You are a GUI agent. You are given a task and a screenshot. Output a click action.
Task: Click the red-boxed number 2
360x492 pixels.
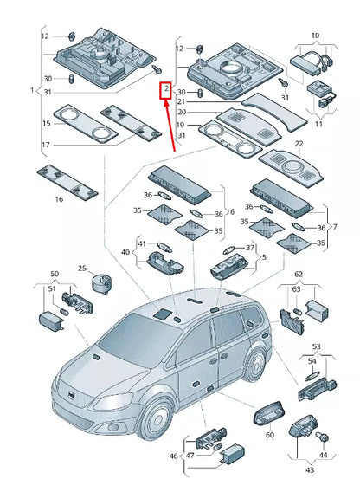pyautogui.click(x=166, y=89)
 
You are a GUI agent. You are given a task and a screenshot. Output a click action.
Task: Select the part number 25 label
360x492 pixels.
pyautogui.click(x=82, y=269)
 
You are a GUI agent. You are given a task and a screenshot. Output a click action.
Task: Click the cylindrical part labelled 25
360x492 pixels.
pyautogui.click(x=101, y=283)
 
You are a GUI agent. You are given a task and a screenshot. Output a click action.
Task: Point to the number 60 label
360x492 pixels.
pyautogui.click(x=270, y=435)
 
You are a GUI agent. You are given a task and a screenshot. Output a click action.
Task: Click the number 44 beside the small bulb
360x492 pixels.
pyautogui.click(x=323, y=455)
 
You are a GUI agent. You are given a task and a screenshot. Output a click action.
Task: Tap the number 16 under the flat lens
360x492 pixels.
pyautogui.click(x=59, y=199)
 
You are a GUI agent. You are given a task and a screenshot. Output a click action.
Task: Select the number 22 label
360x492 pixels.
pyautogui.click(x=299, y=144)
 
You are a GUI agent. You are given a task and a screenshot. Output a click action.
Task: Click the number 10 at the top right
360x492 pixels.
pyautogui.click(x=315, y=36)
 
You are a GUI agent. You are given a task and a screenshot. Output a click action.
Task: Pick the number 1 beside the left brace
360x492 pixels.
pyautogui.click(x=32, y=90)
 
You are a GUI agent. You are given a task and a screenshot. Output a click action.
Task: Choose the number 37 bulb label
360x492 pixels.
pyautogui.click(x=249, y=248)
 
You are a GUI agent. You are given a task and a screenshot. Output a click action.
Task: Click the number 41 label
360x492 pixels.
pyautogui.click(x=142, y=243)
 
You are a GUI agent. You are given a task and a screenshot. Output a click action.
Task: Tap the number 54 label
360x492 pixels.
pyautogui.click(x=312, y=361)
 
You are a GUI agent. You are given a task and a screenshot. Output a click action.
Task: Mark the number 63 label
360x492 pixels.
pyautogui.click(x=296, y=289)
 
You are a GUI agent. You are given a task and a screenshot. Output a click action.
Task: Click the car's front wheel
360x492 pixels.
pyautogui.click(x=156, y=420)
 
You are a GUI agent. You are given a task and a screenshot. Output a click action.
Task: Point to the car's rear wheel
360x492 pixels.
pyautogui.click(x=255, y=365)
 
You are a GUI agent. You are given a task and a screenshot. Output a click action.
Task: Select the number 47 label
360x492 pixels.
pyautogui.click(x=190, y=455)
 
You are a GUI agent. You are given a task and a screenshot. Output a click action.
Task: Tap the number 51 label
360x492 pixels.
pyautogui.click(x=52, y=288)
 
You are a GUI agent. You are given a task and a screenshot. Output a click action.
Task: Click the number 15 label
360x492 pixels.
pyautogui.click(x=47, y=123)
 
